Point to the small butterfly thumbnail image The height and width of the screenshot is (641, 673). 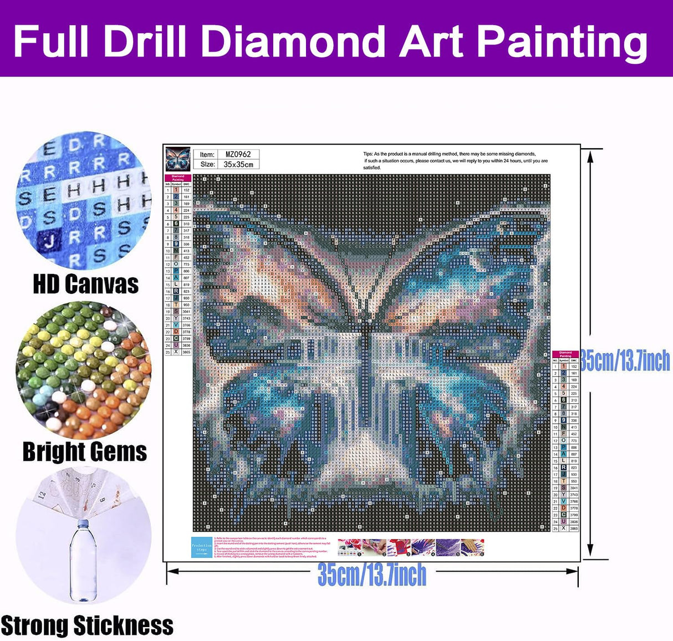179,159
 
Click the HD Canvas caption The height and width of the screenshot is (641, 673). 85,284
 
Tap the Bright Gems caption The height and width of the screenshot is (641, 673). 85,451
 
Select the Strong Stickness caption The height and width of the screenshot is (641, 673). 87,625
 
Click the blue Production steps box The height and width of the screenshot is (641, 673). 202,547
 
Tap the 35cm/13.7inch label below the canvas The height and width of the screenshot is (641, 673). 372,575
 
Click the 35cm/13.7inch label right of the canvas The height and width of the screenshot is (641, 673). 625,361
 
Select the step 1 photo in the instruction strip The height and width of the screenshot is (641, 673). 350,547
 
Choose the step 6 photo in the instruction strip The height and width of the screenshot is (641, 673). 472,547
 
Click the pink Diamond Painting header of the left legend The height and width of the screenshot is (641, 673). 177,179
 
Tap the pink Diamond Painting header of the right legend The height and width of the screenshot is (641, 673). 565,354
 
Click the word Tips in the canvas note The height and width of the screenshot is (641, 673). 368,154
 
